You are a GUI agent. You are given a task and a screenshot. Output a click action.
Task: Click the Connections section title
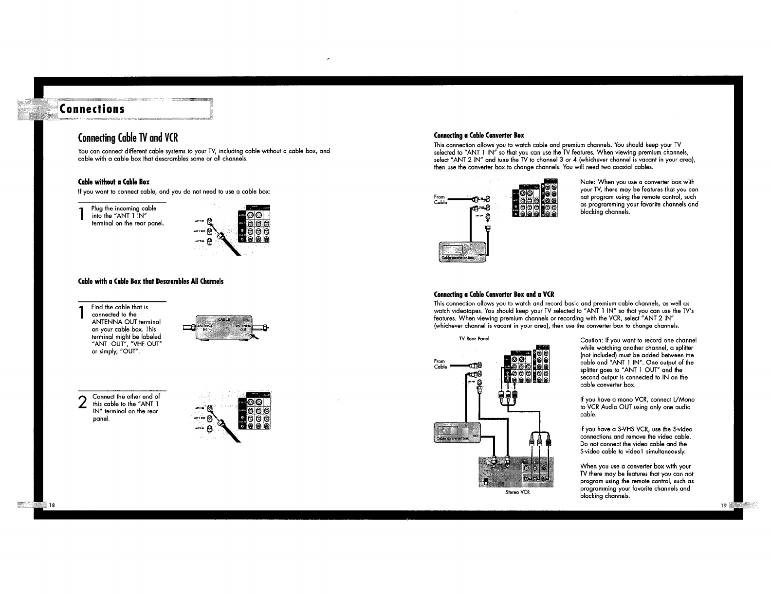[x=92, y=109]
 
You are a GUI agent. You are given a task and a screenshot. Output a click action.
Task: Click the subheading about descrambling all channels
[x=151, y=281]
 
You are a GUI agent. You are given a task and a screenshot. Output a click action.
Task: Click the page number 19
[x=723, y=506]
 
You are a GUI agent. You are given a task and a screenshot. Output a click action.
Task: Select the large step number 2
[x=83, y=402]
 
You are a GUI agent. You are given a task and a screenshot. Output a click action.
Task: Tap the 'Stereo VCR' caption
[x=517, y=492]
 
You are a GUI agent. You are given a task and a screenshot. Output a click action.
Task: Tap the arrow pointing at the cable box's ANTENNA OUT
[x=254, y=336]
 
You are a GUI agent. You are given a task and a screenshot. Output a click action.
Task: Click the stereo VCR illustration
[x=516, y=472]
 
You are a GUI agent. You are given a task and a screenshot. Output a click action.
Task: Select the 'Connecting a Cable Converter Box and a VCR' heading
[x=494, y=295]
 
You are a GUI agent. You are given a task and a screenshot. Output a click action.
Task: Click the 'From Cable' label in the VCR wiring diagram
[x=440, y=364]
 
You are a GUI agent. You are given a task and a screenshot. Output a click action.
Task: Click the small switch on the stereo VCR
[x=485, y=482]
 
